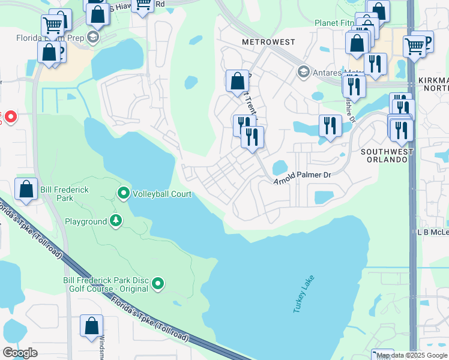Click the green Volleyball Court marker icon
pyautogui.click(x=124, y=193)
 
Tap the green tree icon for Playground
pyautogui.click(x=115, y=221)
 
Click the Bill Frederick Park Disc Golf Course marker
pyautogui.click(x=158, y=283)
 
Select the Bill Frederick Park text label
pyautogui.click(x=64, y=194)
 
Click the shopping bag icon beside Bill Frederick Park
pyautogui.click(x=26, y=189)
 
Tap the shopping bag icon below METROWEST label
pyautogui.click(x=238, y=81)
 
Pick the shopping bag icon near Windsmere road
pyautogui.click(x=92, y=326)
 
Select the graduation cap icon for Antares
pyautogui.click(x=304, y=73)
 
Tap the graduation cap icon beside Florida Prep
pyautogui.click(x=92, y=38)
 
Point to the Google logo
pyautogui.click(x=20, y=352)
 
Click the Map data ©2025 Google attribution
pyautogui.click(x=412, y=355)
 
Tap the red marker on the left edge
pyautogui.click(x=11, y=116)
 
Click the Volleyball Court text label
pyautogui.click(x=162, y=194)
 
